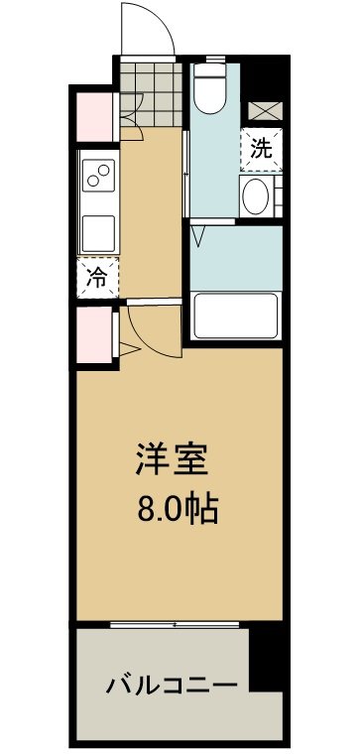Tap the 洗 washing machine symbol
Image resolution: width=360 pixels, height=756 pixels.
(260, 150)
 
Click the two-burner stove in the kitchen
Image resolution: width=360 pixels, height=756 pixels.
(99, 177)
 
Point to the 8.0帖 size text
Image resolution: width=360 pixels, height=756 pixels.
(177, 512)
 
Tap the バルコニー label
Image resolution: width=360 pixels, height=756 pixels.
(171, 686)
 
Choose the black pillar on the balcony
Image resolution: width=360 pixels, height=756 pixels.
(266, 660)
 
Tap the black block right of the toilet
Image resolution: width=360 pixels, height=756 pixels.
(263, 76)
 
